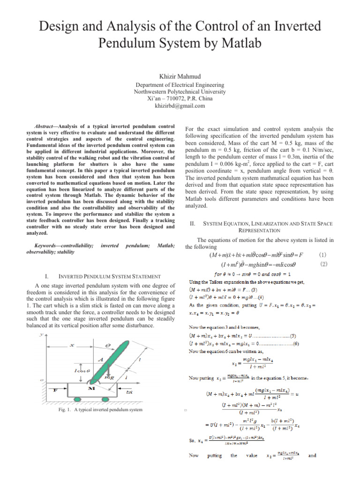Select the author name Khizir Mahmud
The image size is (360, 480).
click(x=179, y=76)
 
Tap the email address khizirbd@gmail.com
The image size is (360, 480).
click(x=180, y=106)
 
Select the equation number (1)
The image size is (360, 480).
click(x=322, y=255)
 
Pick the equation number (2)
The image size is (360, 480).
click(x=322, y=264)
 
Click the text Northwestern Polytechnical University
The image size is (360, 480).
click(x=180, y=92)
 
